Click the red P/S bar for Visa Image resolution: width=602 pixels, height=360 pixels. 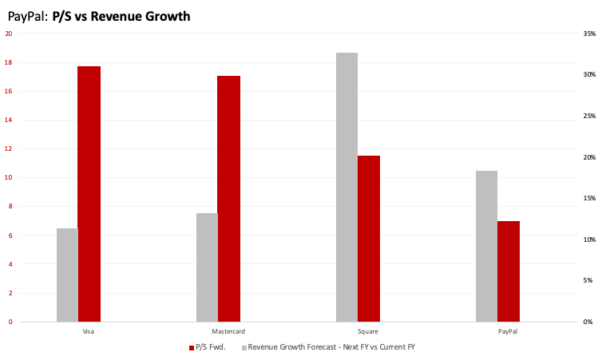tap(89, 194)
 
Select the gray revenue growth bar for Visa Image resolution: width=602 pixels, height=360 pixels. tap(67, 275)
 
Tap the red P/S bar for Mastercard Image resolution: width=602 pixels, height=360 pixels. tap(228, 199)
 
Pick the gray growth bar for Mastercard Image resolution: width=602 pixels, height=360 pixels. tap(207, 267)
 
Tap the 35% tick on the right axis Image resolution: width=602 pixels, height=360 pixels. tap(589, 34)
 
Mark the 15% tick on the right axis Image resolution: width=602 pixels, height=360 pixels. tap(589, 198)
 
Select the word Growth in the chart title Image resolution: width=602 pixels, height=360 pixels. tap(164, 15)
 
